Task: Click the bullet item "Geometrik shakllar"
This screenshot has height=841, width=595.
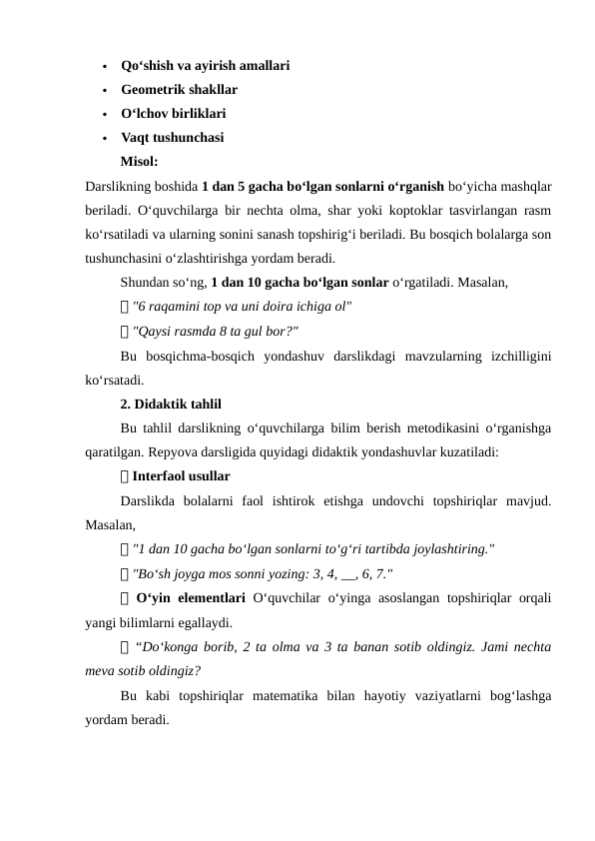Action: pyautogui.click(x=179, y=90)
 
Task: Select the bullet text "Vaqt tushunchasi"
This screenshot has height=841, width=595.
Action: pyautogui.click(x=172, y=138)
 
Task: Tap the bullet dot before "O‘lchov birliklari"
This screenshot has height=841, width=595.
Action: pyautogui.click(x=104, y=115)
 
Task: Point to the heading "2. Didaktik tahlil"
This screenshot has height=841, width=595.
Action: pyautogui.click(x=171, y=405)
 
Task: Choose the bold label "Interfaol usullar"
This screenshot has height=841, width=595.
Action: pyautogui.click(x=181, y=476)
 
